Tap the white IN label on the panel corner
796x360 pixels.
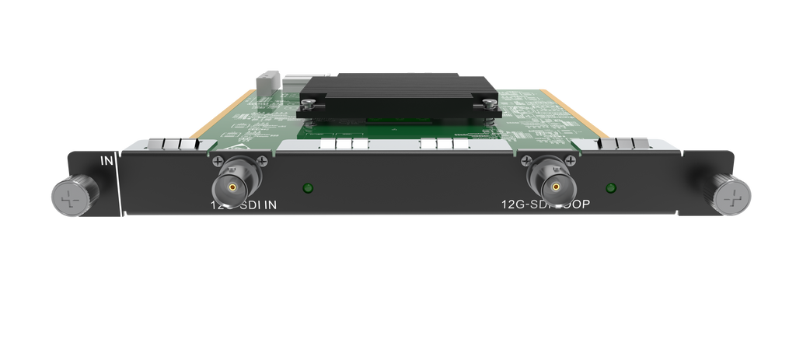107,162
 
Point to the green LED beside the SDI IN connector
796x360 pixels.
308,187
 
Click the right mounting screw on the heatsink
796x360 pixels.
488,102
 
